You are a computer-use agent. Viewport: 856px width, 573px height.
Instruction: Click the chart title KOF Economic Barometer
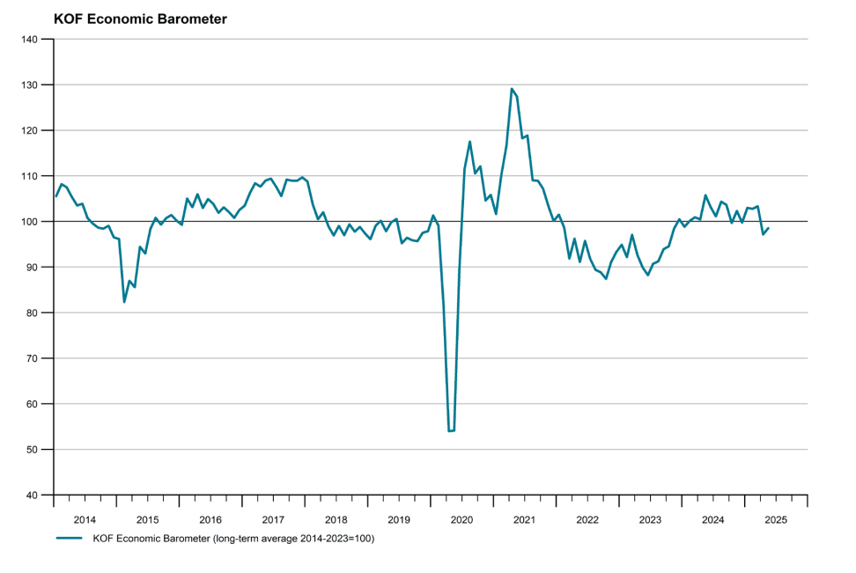[140, 18]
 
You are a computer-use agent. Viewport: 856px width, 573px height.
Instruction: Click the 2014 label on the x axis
[85, 520]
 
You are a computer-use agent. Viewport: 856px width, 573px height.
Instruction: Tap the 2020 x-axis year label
[461, 520]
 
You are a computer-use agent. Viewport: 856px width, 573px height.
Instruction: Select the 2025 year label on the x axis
[776, 520]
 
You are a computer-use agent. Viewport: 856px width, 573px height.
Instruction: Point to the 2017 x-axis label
[273, 520]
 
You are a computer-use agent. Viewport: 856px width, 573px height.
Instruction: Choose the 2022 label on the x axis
[587, 520]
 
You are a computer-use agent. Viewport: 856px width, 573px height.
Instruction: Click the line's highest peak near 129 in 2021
[512, 89]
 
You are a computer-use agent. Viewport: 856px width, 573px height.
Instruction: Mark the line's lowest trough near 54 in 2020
[451, 431]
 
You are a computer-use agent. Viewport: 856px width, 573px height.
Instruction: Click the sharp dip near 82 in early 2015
[124, 302]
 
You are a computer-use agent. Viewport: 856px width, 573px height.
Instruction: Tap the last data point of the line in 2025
[769, 228]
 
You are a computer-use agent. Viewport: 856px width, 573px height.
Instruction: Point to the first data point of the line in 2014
[55, 196]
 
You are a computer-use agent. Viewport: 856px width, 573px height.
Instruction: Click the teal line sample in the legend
[69, 538]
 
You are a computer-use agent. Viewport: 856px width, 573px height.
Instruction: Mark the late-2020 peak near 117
[469, 142]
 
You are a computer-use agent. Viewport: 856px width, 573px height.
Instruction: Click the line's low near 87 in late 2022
[606, 279]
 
